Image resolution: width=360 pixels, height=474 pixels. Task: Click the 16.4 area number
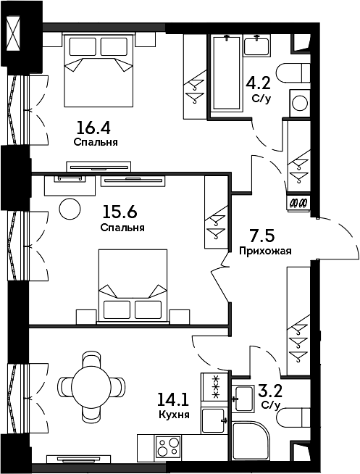(x=93, y=128)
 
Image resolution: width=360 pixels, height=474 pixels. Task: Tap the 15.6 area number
(x=120, y=212)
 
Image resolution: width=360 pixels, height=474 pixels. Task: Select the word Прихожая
(x=265, y=251)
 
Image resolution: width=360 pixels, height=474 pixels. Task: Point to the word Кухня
(x=174, y=414)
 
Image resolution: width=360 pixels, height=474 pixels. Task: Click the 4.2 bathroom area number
(x=258, y=83)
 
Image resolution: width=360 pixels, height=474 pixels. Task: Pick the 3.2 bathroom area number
(x=271, y=391)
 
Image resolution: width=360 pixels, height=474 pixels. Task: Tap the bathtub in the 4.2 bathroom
(x=227, y=73)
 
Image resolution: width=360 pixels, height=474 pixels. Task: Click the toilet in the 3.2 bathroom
(x=293, y=417)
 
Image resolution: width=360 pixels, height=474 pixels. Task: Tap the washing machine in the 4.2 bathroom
(x=300, y=104)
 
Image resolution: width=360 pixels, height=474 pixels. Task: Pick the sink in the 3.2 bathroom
(x=243, y=399)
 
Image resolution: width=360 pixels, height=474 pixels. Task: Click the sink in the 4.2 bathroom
(x=257, y=46)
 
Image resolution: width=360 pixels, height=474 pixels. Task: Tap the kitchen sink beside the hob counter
(x=214, y=420)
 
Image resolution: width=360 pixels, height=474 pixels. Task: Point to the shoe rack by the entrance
(x=298, y=204)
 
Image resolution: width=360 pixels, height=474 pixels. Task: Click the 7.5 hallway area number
(x=262, y=236)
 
